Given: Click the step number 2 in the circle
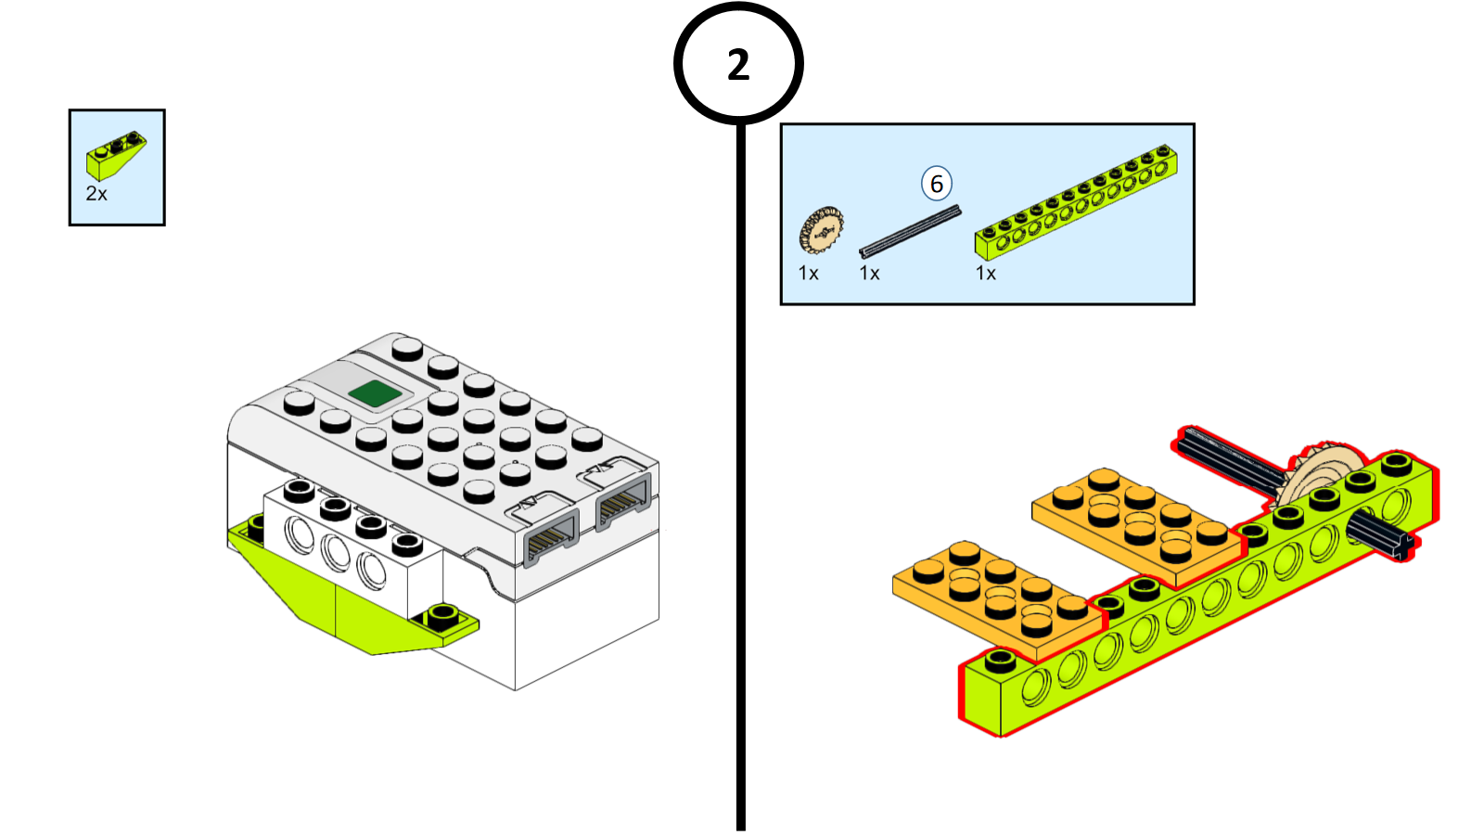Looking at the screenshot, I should click(738, 65).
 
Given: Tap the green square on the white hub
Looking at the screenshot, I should click(375, 393).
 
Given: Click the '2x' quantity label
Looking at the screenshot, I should click(96, 194).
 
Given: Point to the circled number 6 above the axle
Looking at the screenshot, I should click(937, 184).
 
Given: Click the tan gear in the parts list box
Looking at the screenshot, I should click(821, 230).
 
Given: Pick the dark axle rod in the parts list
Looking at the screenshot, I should click(910, 231).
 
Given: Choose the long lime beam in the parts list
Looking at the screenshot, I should click(1076, 201).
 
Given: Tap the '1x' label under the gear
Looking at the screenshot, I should click(809, 274).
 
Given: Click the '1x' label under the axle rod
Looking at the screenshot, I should click(870, 274).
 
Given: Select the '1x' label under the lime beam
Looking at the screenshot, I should click(986, 274).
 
